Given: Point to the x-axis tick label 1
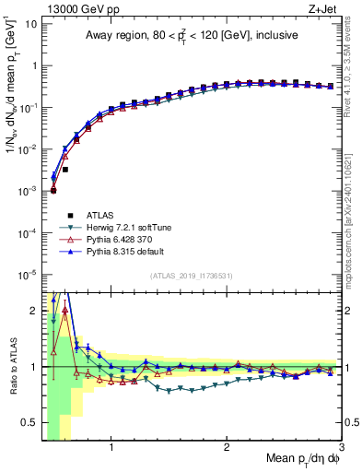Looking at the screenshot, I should (x=111, y=448).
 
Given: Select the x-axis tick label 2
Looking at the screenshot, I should (x=227, y=448).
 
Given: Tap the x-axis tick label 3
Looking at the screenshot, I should (x=341, y=448).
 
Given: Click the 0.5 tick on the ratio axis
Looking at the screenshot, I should (x=31, y=423).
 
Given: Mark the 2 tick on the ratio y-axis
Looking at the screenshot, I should (x=35, y=310).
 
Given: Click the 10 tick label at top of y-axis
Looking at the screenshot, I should (x=31, y=23).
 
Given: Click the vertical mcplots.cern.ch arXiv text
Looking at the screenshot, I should (x=354, y=212).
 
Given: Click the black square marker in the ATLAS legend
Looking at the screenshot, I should (x=53, y=216).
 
